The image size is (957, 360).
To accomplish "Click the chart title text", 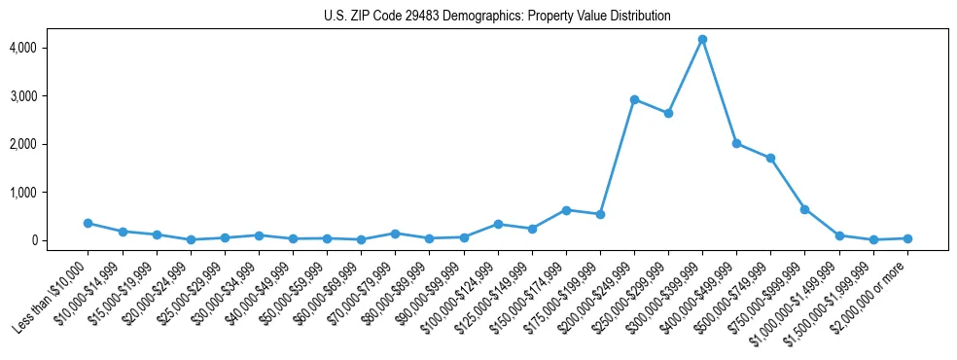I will click(x=497, y=17).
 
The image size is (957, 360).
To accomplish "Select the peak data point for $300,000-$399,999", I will click(x=702, y=39).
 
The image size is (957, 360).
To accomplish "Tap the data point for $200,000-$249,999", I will click(x=634, y=99).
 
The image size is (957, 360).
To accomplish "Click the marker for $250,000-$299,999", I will click(x=668, y=113).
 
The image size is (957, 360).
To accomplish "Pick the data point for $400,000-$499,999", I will click(x=736, y=143).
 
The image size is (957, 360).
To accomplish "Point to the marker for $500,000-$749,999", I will click(x=770, y=158).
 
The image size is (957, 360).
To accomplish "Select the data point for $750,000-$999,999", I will click(x=804, y=209).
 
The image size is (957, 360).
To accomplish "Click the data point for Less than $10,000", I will click(x=88, y=223).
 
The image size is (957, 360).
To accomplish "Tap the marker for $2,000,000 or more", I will click(x=907, y=238).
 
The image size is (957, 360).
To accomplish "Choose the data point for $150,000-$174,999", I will click(x=566, y=209).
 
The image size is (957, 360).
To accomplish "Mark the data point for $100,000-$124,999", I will click(x=498, y=224).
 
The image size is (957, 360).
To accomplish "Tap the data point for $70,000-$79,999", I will click(x=395, y=234).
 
